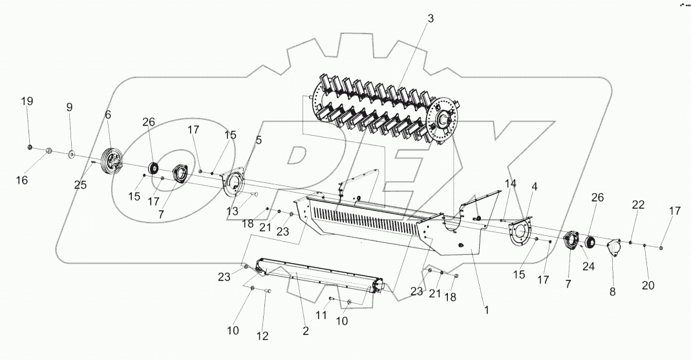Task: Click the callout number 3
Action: coord(430,18)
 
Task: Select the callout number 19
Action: coord(27,101)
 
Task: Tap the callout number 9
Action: coord(69,107)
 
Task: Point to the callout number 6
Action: coord(108,114)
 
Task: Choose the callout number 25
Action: coord(80,185)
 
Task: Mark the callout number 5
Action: coord(259,139)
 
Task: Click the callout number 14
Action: coord(511,183)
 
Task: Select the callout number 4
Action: coord(535,187)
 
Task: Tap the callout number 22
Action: coord(638,205)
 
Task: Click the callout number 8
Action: coord(613,291)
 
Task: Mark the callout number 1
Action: coord(485,310)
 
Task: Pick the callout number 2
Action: coord(306,331)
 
